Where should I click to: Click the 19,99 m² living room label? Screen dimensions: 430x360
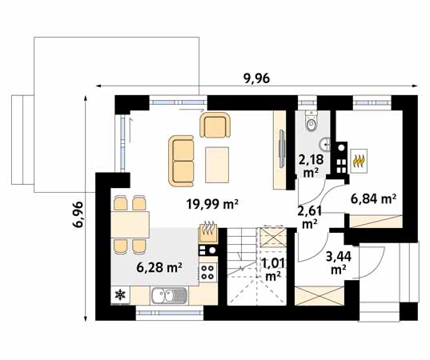(x=212, y=204)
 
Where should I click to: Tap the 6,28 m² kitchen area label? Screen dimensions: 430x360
(x=159, y=267)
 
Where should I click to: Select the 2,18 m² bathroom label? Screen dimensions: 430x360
(x=311, y=166)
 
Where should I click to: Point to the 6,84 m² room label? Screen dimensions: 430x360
(x=373, y=199)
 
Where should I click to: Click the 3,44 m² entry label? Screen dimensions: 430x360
(x=339, y=263)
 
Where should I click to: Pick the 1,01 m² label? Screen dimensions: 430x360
(x=272, y=270)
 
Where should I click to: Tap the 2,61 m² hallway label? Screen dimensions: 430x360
(x=310, y=218)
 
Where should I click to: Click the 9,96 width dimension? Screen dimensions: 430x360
(x=257, y=78)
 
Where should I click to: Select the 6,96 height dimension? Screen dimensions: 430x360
(x=78, y=214)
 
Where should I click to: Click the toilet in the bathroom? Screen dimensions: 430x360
(x=311, y=121)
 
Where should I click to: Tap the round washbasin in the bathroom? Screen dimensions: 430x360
(x=326, y=143)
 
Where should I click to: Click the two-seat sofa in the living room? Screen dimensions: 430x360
(x=181, y=161)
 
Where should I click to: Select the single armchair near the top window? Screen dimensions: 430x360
(x=215, y=125)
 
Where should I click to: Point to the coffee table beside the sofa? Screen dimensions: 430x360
(x=217, y=165)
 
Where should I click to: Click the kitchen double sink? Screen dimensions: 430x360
(x=169, y=296)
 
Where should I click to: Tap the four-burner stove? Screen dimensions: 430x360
(x=208, y=272)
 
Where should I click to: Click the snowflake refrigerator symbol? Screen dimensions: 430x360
(x=120, y=294)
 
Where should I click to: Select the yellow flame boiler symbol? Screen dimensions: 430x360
(x=359, y=161)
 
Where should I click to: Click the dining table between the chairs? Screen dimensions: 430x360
(x=131, y=225)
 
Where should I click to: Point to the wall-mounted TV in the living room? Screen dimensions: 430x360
(x=281, y=148)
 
